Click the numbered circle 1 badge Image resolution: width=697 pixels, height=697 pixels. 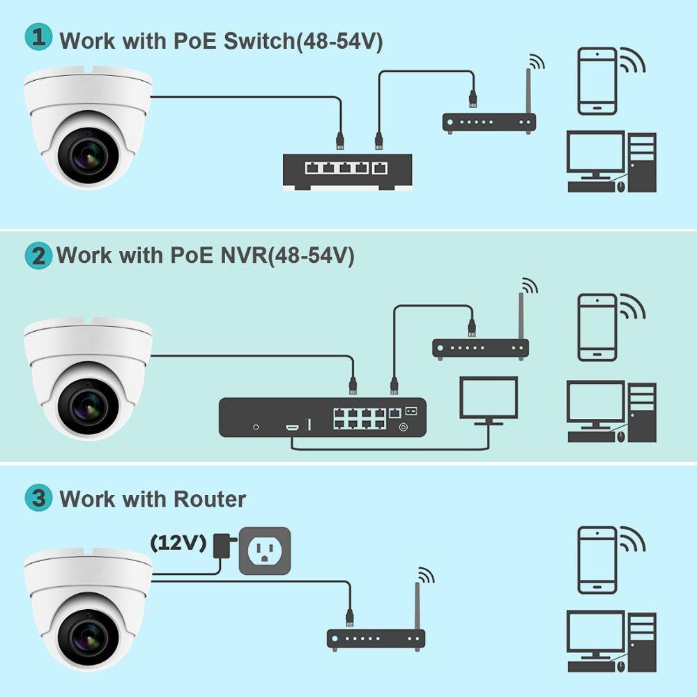38,36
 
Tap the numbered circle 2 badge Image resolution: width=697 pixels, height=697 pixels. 38,255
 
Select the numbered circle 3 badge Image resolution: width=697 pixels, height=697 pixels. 38,498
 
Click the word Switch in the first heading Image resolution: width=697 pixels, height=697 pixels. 259,41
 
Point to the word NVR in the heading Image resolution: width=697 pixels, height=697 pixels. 244,255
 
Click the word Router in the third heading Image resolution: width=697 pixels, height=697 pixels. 209,499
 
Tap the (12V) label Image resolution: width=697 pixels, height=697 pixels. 178,543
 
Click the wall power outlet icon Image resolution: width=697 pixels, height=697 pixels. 265,551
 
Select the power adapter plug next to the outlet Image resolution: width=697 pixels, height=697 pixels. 224,546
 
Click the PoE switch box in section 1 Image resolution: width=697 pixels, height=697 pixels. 348,171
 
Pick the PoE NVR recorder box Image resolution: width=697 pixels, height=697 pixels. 322,417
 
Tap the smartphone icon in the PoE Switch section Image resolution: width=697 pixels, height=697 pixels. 597,82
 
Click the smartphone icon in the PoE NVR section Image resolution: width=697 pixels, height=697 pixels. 597,328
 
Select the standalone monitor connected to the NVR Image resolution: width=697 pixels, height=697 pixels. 489,401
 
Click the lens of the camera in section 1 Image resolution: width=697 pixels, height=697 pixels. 89,155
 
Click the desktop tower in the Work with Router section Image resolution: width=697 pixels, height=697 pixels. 643,642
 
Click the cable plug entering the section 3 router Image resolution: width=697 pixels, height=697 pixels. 350,618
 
